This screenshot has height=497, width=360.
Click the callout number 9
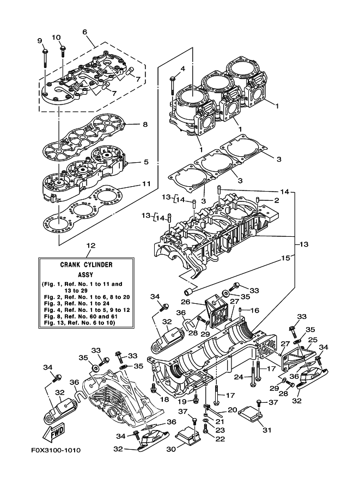pos(39,41)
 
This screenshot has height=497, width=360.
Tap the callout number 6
pos(85,32)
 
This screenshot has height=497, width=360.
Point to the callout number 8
pos(145,124)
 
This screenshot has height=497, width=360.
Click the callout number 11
pos(146,184)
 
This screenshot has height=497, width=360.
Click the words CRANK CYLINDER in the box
pos(86,265)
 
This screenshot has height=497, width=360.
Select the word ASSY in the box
pos(86,275)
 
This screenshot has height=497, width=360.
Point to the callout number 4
pos(183,69)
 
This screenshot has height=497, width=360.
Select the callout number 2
pos(277,201)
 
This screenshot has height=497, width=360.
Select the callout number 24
pos(238,377)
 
